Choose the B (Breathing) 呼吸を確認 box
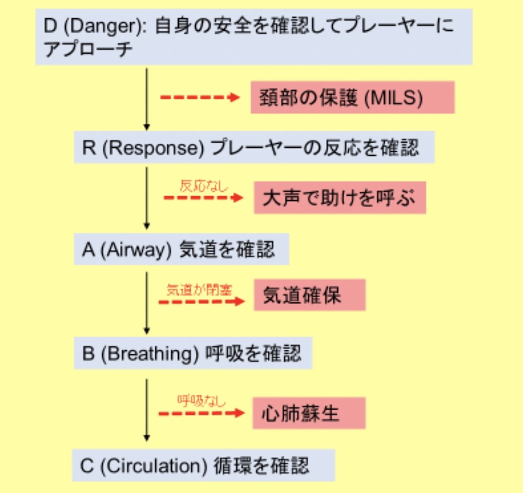click(x=193, y=353)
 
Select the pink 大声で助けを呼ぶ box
click(x=340, y=199)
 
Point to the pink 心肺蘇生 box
click(x=310, y=413)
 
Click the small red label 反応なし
click(x=203, y=186)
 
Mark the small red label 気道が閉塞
click(x=199, y=290)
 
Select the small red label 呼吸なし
click(x=201, y=400)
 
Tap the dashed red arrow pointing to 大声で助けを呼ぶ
click(x=203, y=198)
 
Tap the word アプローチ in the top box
click(x=88, y=50)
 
